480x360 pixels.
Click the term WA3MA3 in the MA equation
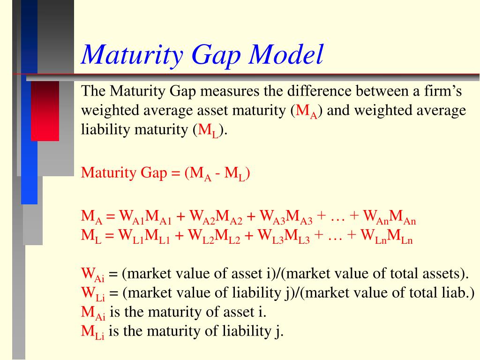pos(286,217)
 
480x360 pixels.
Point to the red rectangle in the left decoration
pos(45,111)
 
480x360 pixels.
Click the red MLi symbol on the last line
pos(93,332)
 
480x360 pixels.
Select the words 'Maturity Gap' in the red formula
pos(124,173)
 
